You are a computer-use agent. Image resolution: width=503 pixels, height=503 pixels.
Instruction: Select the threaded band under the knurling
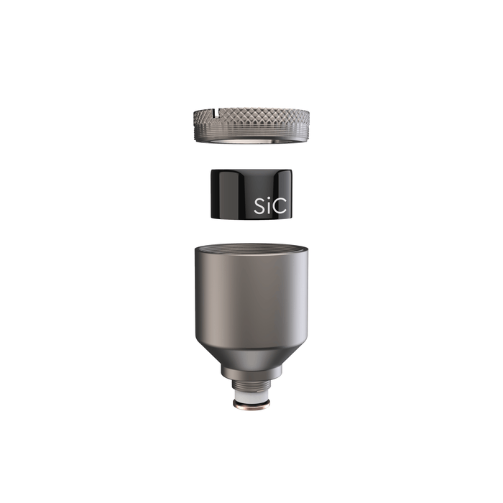click(x=251, y=134)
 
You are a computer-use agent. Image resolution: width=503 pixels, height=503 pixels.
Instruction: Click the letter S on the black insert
click(x=260, y=206)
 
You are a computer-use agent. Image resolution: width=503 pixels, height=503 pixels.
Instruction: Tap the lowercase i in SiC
click(x=271, y=207)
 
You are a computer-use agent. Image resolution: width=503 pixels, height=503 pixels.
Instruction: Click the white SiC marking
click(x=271, y=206)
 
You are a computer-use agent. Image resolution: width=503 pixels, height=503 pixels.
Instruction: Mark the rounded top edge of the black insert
click(x=251, y=171)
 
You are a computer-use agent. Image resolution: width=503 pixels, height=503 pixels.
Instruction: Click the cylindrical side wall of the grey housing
click(x=251, y=302)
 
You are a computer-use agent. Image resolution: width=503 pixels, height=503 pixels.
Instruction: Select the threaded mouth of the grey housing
click(x=251, y=249)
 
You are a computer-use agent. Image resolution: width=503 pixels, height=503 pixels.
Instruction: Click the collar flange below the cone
click(x=251, y=372)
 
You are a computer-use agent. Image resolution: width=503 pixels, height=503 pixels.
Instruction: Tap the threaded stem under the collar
click(x=251, y=385)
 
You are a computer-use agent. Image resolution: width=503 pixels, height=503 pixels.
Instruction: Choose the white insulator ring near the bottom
click(x=251, y=397)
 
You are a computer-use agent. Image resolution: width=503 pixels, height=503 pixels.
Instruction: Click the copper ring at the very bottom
click(x=251, y=407)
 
